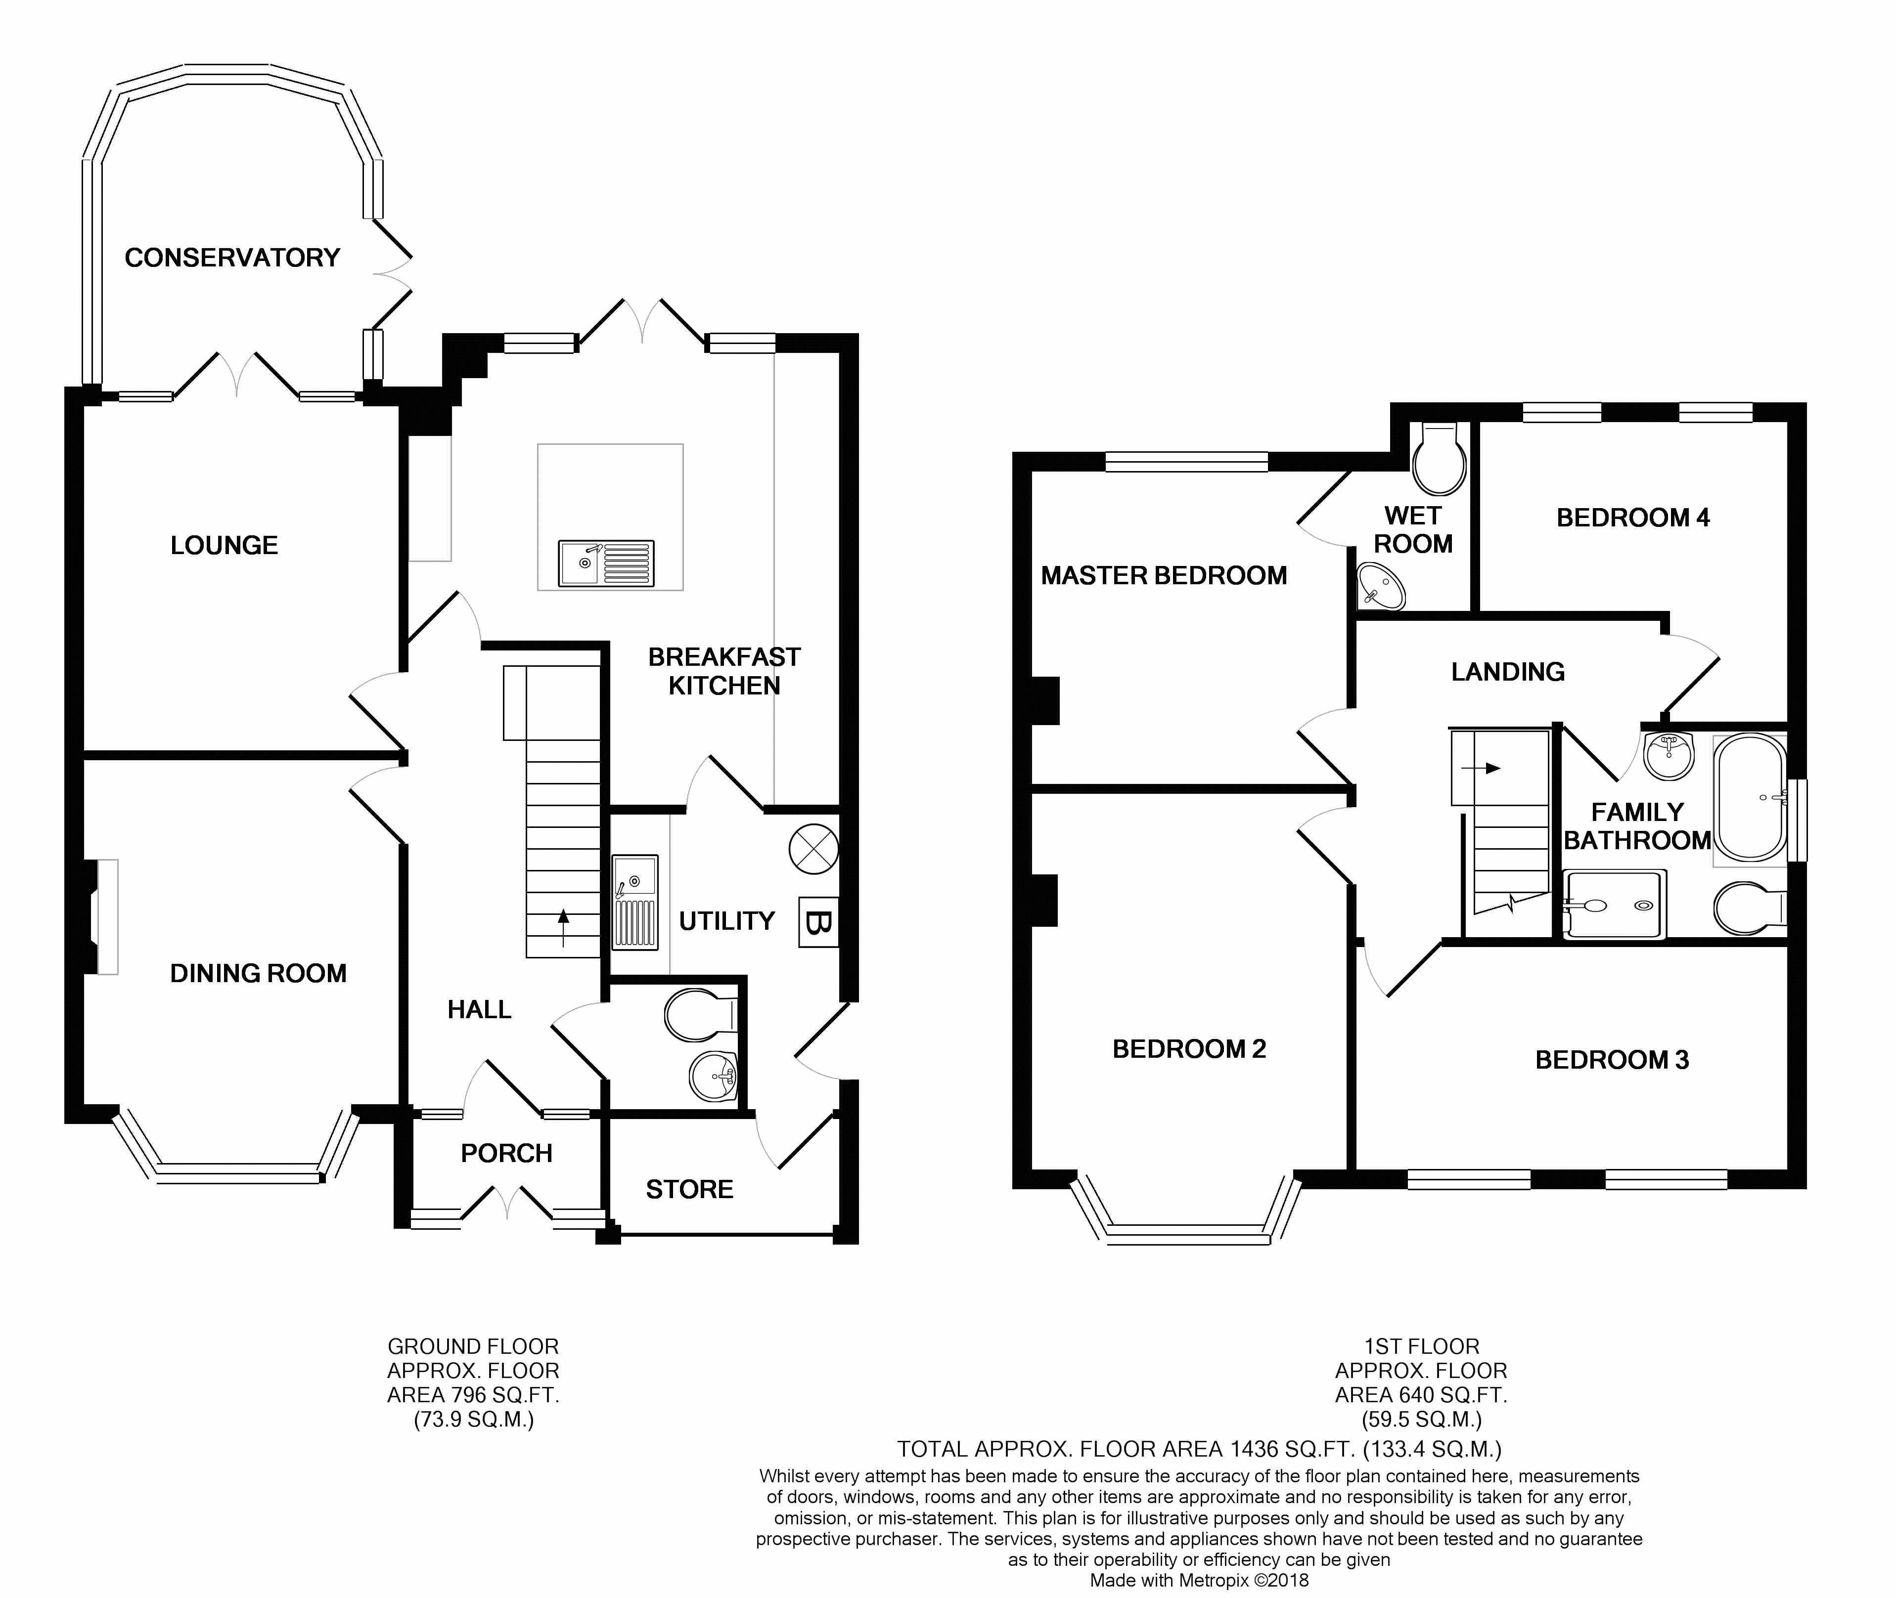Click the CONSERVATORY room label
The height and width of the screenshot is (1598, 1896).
(x=232, y=258)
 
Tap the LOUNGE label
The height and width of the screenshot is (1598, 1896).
(x=224, y=545)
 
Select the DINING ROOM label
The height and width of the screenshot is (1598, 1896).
(x=258, y=973)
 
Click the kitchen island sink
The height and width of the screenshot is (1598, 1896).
(x=605, y=563)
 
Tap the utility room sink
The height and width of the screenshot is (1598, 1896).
(x=635, y=902)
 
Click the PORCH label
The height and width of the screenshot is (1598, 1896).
(x=506, y=1153)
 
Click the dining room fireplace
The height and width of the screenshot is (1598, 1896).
(x=101, y=917)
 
